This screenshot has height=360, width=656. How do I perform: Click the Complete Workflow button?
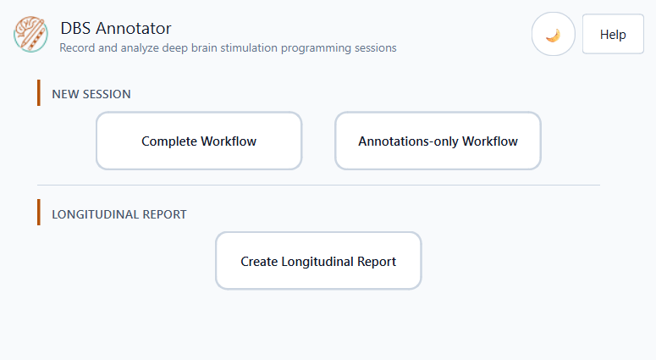tap(199, 141)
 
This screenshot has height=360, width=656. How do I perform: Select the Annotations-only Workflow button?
tap(438, 141)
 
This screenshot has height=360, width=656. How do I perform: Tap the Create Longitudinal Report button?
tap(318, 260)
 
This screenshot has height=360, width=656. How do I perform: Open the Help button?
tap(613, 34)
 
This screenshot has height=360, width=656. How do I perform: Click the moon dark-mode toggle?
tap(553, 34)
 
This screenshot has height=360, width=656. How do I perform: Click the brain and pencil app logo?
tap(30, 35)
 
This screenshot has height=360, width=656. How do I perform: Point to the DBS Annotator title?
tap(116, 29)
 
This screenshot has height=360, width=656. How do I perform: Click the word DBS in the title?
tap(75, 29)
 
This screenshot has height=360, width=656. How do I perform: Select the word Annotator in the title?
tap(134, 29)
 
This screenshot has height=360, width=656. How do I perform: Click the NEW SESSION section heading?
tap(91, 94)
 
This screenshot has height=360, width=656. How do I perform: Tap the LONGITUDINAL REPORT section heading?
tap(119, 214)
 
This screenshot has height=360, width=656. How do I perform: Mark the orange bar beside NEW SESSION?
tap(39, 92)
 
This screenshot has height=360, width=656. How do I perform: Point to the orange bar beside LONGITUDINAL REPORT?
tap(39, 213)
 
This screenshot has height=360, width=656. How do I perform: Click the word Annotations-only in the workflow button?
tap(408, 141)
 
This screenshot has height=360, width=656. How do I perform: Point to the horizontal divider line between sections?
tap(318, 185)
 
